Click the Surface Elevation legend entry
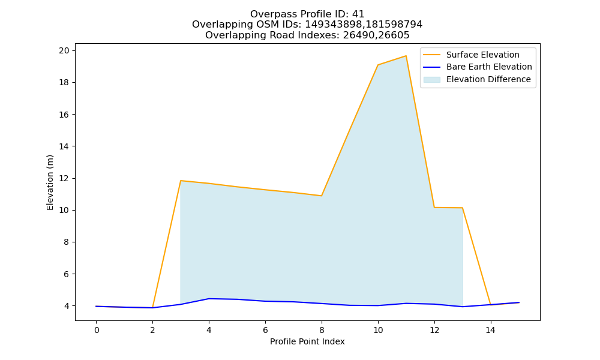[472, 55]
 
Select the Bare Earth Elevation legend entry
[478, 67]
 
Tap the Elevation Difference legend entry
[477, 79]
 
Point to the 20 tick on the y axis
[65, 50]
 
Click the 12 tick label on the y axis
[65, 178]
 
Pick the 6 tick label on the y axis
[67, 274]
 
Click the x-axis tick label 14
[491, 330]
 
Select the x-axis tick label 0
[97, 330]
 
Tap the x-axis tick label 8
[322, 330]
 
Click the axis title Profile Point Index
[307, 341]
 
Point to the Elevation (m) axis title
[50, 182]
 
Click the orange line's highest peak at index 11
[406, 56]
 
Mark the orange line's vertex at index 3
[181, 181]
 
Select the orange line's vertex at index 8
[322, 196]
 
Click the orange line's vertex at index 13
[463, 208]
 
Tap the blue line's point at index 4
[209, 299]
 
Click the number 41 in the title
[359, 14]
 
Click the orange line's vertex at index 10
[377, 65]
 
